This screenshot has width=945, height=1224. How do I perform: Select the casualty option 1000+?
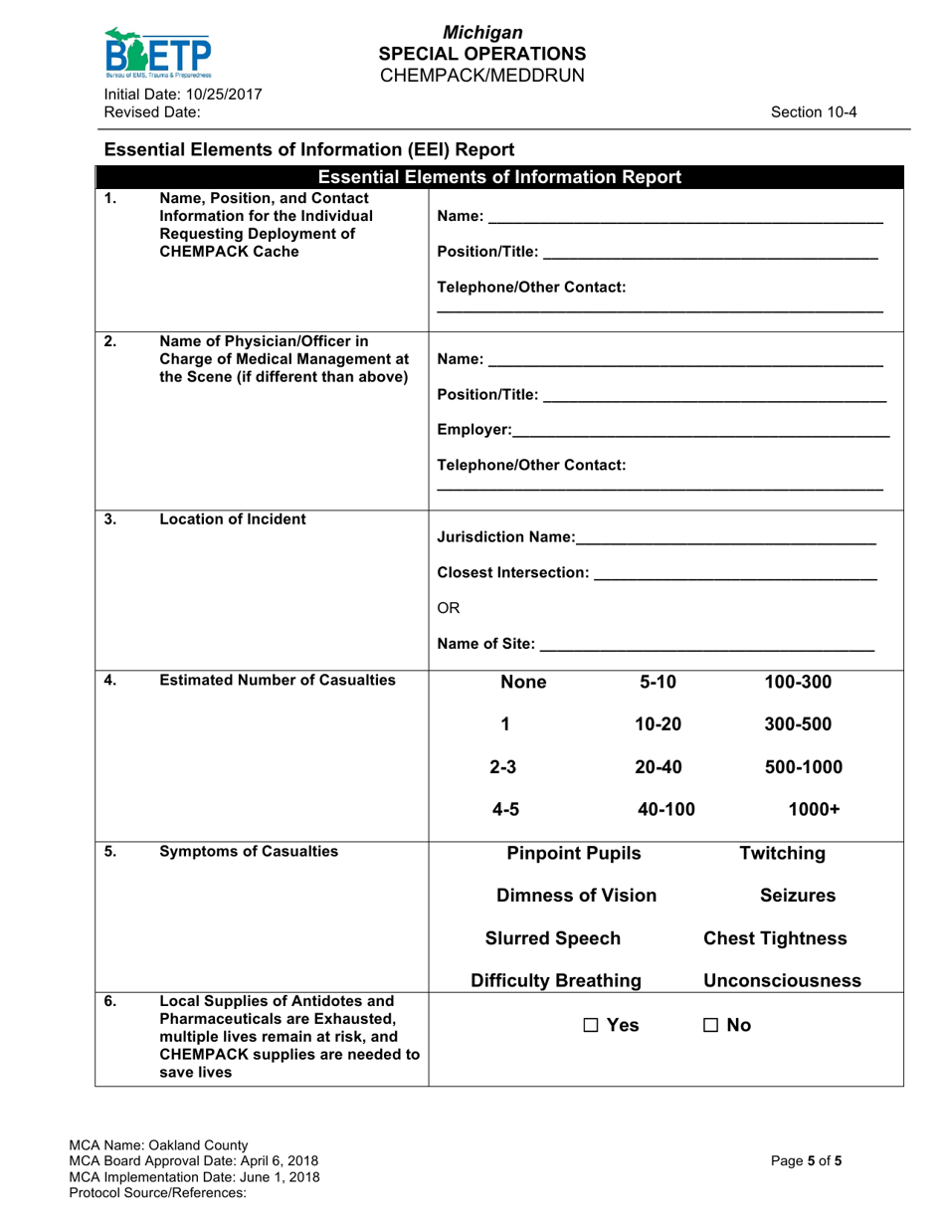[x=814, y=810]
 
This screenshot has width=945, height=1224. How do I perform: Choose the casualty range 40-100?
[x=665, y=810]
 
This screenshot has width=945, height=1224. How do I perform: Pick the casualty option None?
[x=523, y=683]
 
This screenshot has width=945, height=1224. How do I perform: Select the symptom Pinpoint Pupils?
[x=574, y=853]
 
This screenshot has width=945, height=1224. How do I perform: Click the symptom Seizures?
[x=797, y=896]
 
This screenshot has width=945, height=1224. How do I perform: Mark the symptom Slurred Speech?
[x=552, y=938]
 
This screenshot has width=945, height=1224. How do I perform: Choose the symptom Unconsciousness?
[x=782, y=981]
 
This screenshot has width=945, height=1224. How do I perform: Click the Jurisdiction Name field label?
[x=505, y=538]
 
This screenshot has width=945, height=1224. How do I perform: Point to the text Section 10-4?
[x=814, y=112]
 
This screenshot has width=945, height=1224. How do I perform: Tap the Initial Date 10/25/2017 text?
[x=183, y=95]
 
